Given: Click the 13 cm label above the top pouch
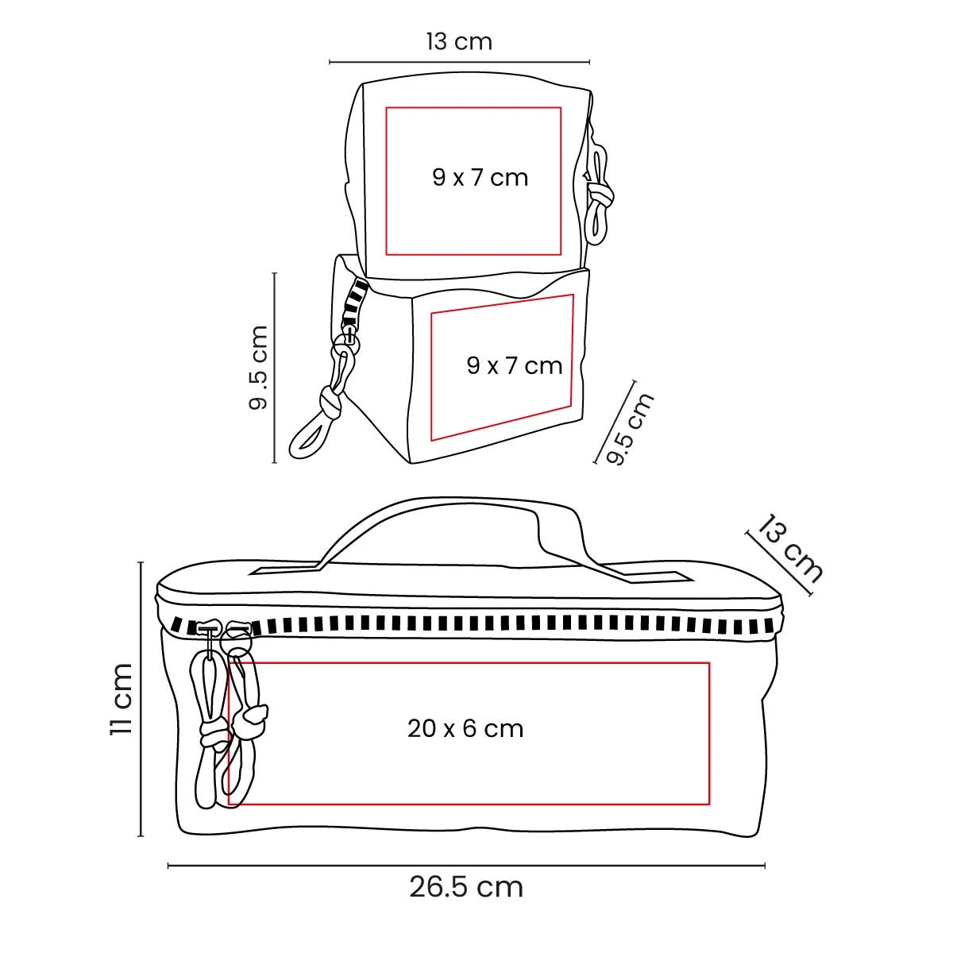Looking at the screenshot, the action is [460, 41].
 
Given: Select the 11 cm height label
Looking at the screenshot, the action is [122, 699].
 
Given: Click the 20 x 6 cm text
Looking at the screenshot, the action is [465, 729].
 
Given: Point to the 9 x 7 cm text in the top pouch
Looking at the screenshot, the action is [480, 178].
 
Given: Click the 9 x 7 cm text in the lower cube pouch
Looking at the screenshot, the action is [515, 366].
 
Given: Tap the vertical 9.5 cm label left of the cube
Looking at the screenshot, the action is [257, 368].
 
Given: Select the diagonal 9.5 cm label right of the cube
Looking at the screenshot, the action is [630, 430].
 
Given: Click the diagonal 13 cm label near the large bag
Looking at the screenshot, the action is [789, 549].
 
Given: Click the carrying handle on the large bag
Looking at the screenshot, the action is [445, 515].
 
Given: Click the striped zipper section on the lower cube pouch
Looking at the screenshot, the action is [354, 303].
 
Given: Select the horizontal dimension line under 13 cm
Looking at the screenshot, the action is [460, 62].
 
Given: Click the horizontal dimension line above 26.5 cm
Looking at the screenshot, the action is [466, 866].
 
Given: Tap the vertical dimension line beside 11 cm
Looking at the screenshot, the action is [141, 700].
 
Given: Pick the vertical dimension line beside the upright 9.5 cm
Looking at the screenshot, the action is [275, 368].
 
